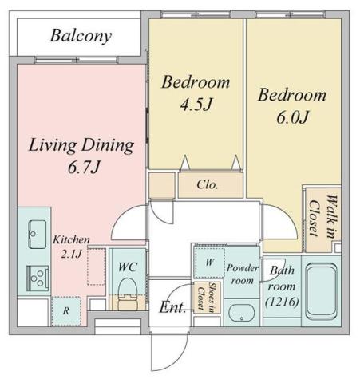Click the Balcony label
pyautogui.click(x=81, y=36)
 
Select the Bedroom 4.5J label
pyautogui.click(x=196, y=93)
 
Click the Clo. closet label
pyautogui.click(x=209, y=185)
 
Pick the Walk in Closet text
pyautogui.click(x=322, y=218)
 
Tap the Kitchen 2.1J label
pyautogui.click(x=71, y=247)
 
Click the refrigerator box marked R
pyautogui.click(x=65, y=310)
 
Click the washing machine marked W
pyautogui.click(x=208, y=261)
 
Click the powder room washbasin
pyautogui.click(x=241, y=311)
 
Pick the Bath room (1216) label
pyautogui.click(x=281, y=286)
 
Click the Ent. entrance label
pyautogui.click(x=172, y=307)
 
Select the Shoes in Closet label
pyautogui.click(x=208, y=300)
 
